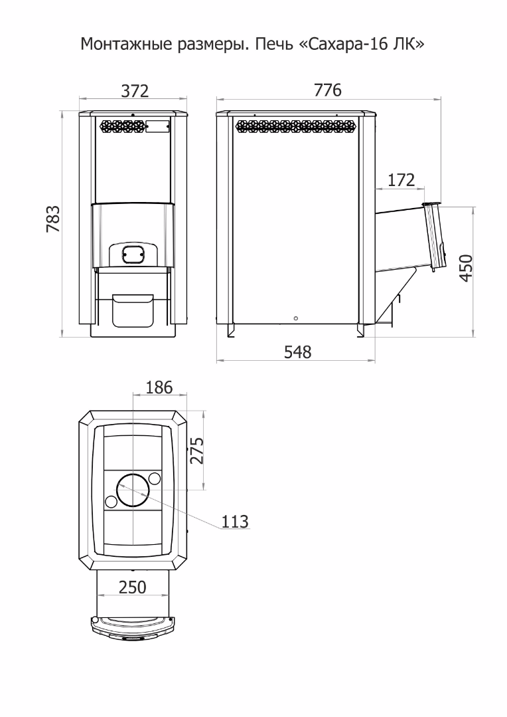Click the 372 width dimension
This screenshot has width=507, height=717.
(x=135, y=91)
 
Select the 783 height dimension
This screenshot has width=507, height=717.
(x=53, y=219)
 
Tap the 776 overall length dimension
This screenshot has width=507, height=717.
(x=328, y=90)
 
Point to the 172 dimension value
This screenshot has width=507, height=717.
(x=401, y=179)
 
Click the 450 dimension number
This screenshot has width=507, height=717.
(x=466, y=268)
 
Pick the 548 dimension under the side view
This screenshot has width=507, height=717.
(x=298, y=352)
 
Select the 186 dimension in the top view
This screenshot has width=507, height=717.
(x=159, y=387)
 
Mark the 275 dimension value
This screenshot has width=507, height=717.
(x=196, y=451)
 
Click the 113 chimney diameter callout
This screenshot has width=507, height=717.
(x=235, y=521)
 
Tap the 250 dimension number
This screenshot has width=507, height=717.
(x=133, y=587)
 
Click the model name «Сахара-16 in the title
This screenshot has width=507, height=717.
(x=343, y=44)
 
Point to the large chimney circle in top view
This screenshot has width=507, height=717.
(x=133, y=490)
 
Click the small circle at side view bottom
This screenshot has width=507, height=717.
(x=296, y=318)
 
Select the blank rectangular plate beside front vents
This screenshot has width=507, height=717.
(x=157, y=126)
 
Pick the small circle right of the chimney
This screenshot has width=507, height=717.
(x=155, y=478)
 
